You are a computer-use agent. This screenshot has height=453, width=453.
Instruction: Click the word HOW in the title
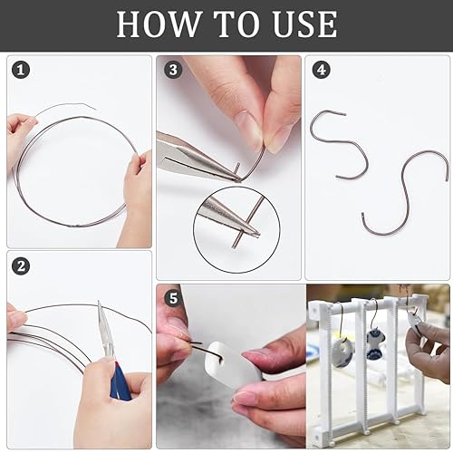coord(159,24)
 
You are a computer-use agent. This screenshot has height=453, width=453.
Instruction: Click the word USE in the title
coord(304,24)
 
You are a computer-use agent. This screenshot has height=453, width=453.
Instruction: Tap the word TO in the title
coord(236,24)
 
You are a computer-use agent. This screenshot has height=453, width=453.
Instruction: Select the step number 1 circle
coord(21,71)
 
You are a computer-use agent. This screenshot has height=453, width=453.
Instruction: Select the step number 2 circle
coord(21,266)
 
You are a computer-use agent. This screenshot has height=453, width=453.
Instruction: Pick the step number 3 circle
coord(173,70)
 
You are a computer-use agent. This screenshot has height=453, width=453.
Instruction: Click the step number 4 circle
coord(322,70)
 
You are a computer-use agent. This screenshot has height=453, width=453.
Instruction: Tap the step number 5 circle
coord(173,298)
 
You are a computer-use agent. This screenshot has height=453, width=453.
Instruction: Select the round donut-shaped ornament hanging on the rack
coord(342,349)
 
